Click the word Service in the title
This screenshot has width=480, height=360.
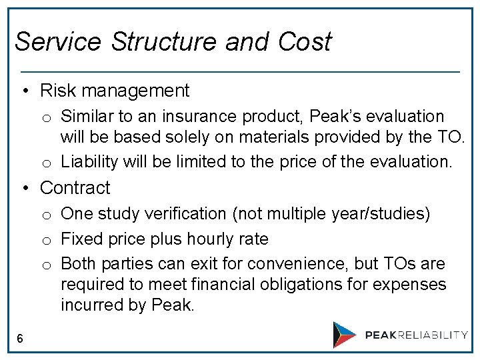coord(57,41)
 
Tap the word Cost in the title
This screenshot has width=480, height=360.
coord(305,41)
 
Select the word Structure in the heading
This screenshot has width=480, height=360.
coord(165,41)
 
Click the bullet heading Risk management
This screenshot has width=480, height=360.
coord(115,90)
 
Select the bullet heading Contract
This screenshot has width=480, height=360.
coord(75,188)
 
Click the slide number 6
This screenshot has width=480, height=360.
coord(20,339)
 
